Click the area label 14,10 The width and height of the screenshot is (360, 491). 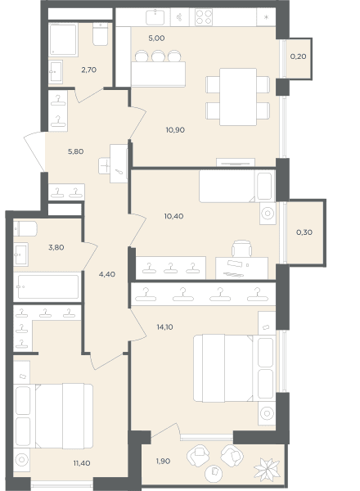(x=164, y=327)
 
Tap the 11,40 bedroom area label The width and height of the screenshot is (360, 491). (x=82, y=463)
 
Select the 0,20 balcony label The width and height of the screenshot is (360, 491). (x=298, y=56)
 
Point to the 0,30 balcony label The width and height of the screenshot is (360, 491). (x=304, y=232)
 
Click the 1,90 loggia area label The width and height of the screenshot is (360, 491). (x=163, y=461)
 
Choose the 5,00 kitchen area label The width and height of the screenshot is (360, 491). (x=156, y=38)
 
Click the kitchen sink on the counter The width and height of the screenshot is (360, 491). (x=155, y=17)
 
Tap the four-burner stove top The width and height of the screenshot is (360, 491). (x=204, y=17)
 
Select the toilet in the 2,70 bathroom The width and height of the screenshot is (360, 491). (x=101, y=34)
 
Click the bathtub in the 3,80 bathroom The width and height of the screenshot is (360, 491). (x=48, y=286)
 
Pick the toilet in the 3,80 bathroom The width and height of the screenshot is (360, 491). (x=25, y=229)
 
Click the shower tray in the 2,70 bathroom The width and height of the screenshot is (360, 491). (x=63, y=39)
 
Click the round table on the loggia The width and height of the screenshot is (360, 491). (x=214, y=473)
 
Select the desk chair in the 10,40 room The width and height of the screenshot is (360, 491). (x=241, y=248)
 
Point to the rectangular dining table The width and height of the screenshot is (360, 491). (x=238, y=97)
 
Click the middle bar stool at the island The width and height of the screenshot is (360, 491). (x=158, y=56)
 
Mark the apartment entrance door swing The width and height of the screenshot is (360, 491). (x=34, y=151)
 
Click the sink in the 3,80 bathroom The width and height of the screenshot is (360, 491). (x=21, y=255)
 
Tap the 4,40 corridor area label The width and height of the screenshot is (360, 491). (x=106, y=274)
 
